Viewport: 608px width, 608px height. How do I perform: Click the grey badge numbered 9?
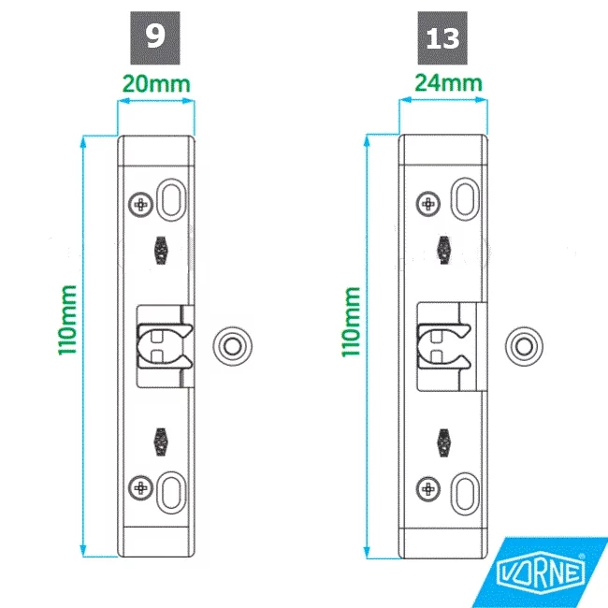pos(155,38)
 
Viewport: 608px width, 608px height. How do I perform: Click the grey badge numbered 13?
pos(442,38)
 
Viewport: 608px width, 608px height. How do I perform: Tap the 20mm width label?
pos(156,84)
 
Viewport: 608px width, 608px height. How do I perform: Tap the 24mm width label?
pos(449,82)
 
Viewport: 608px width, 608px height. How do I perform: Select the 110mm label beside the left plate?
pos(67,320)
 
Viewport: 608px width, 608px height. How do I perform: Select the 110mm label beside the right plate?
pos(351,322)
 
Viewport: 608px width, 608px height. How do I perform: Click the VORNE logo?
pos(541,572)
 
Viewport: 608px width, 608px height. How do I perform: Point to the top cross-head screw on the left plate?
pos(140,204)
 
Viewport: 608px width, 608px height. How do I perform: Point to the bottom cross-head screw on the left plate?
pos(140,487)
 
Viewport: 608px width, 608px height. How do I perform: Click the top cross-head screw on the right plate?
pos(428,204)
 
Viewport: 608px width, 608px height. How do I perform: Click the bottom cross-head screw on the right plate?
pos(428,489)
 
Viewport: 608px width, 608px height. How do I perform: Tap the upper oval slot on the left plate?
pos(171,199)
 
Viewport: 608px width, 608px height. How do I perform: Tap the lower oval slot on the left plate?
pos(171,493)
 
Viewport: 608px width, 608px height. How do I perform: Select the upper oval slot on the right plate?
pos(465,199)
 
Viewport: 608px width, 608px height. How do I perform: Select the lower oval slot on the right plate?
pos(465,494)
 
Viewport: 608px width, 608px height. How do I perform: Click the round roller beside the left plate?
pos(232,346)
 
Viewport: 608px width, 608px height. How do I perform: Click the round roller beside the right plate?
pos(524,346)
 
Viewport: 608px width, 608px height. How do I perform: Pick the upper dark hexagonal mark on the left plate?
pos(161,251)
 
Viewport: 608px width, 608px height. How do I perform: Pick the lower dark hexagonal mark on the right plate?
pos(444,443)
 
